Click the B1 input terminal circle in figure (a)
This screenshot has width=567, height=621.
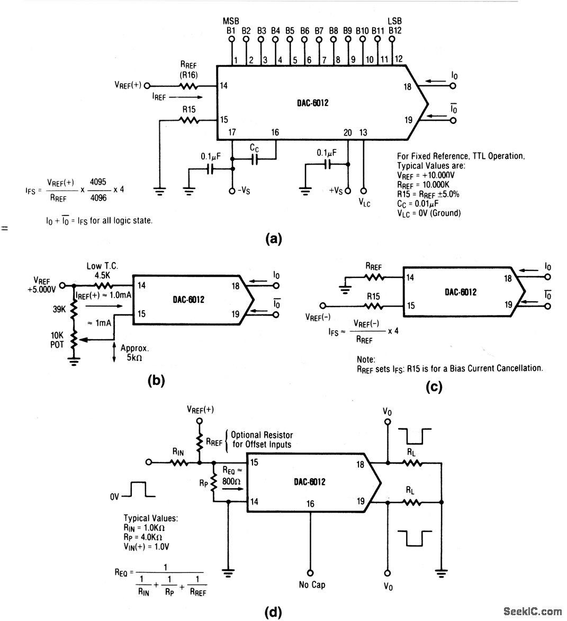(x=232, y=39)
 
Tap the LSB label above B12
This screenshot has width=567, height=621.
(x=394, y=21)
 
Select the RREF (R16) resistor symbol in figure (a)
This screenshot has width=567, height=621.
(x=189, y=86)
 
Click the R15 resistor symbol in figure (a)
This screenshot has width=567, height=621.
(x=189, y=120)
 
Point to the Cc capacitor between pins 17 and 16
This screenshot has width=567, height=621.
(x=254, y=159)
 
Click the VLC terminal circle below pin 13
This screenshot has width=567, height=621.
(x=364, y=191)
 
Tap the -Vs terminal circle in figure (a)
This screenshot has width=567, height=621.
(x=232, y=191)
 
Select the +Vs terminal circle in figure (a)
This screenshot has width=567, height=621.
(x=348, y=191)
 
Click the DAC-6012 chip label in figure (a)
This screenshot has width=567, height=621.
(x=312, y=103)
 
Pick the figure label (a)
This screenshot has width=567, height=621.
(x=274, y=239)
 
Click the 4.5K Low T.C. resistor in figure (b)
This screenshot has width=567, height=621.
(x=103, y=285)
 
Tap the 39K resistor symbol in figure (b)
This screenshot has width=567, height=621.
(x=74, y=310)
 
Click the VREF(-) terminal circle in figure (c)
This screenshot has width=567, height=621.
(x=323, y=306)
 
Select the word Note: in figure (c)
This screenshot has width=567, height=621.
(x=366, y=359)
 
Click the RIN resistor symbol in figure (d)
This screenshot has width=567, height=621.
(x=179, y=462)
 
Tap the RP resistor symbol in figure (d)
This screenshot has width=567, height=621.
(x=214, y=482)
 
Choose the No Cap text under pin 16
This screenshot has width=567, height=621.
(x=312, y=584)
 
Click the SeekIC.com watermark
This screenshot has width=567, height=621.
(x=532, y=611)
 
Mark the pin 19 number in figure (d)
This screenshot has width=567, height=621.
(x=361, y=501)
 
